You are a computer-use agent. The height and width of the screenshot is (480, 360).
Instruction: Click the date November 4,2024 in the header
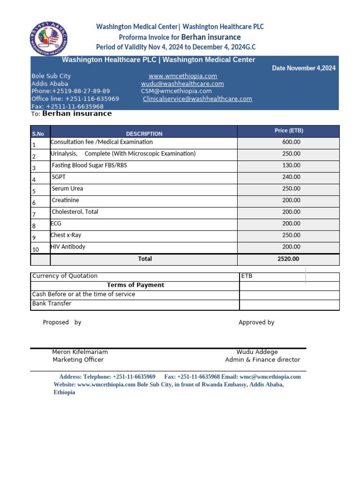304,68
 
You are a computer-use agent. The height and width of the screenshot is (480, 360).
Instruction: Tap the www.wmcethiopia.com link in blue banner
183,76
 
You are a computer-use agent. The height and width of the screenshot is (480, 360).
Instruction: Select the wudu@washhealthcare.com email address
182,83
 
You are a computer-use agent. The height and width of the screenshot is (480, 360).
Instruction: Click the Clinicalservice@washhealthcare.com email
197,99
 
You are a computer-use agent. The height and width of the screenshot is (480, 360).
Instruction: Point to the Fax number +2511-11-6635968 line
67,106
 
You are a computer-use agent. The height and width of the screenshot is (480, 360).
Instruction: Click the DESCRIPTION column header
144,134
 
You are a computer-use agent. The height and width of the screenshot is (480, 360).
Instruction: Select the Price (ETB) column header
288,131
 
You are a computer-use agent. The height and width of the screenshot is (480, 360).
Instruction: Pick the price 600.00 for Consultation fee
291,142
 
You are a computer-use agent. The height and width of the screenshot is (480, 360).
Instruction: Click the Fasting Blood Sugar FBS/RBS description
89,165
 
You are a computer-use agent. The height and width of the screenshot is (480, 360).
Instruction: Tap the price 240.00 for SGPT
291,177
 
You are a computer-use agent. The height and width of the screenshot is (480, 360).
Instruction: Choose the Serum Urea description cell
67,188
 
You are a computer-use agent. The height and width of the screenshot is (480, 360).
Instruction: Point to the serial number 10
36,249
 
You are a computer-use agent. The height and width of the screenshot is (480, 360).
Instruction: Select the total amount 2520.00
288,259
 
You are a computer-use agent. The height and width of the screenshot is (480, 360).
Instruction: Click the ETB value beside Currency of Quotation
247,276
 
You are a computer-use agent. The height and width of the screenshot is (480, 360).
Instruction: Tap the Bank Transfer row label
52,303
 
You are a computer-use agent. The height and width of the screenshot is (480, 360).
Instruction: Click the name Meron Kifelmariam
80,352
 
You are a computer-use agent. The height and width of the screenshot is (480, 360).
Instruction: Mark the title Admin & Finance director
262,360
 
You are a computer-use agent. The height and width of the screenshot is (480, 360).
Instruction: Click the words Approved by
256,322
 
